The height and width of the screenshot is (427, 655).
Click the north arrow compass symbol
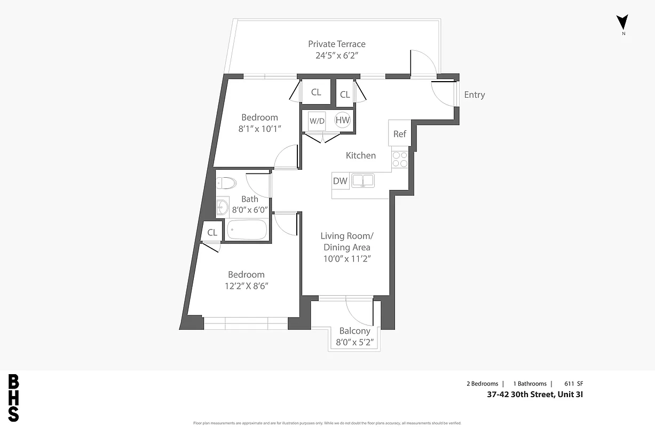coord(622,22)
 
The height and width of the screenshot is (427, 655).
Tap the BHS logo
coord(14,398)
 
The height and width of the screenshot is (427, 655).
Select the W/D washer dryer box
coord(317,121)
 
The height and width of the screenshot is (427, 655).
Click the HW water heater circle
coord(342,120)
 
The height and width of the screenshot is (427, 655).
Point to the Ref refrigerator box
coord(399,133)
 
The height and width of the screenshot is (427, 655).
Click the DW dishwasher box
coord(340,181)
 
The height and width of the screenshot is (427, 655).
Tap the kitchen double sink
coord(363,181)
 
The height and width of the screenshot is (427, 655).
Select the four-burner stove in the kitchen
coord(400,159)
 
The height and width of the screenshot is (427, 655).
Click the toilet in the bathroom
coord(227,184)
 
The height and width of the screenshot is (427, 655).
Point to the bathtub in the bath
coord(247,230)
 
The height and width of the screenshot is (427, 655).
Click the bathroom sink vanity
coord(223,207)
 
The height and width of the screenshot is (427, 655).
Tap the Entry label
coord(474,94)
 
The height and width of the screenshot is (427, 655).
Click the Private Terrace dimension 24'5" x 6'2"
coord(337,55)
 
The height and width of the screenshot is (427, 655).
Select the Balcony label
coord(354,331)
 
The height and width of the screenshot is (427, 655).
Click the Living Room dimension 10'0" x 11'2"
coord(347,259)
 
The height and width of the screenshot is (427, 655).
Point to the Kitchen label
coord(361,155)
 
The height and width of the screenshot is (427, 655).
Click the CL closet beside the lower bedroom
coord(212,232)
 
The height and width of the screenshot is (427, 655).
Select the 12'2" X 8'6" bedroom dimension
coord(246,286)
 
